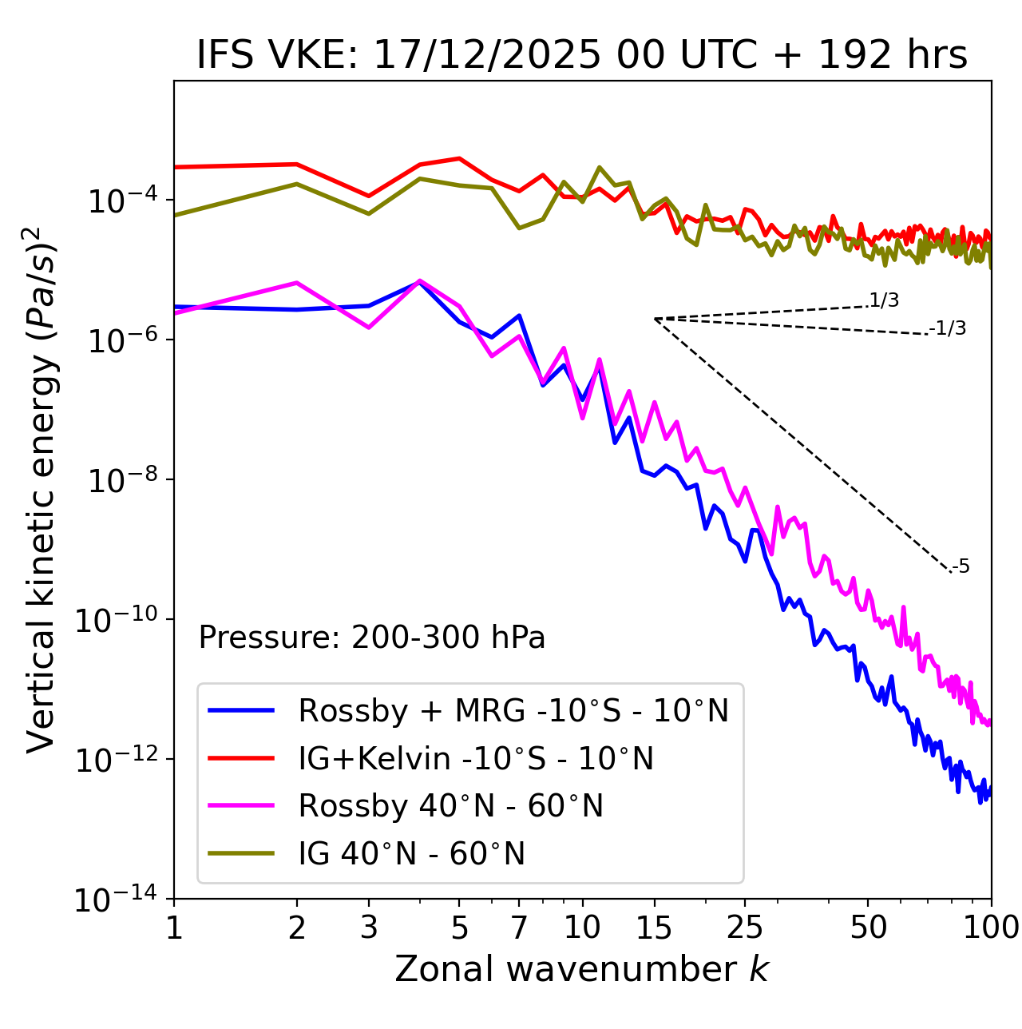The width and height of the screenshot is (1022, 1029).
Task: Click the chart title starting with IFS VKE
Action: (581, 56)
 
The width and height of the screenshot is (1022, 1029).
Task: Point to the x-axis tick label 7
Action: (519, 928)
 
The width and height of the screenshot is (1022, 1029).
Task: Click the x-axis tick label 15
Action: (654, 928)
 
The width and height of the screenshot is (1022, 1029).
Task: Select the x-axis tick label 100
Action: (991, 928)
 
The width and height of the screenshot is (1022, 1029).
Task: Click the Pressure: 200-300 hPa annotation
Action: (371, 638)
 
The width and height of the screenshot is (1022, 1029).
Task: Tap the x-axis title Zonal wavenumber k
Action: (581, 969)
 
